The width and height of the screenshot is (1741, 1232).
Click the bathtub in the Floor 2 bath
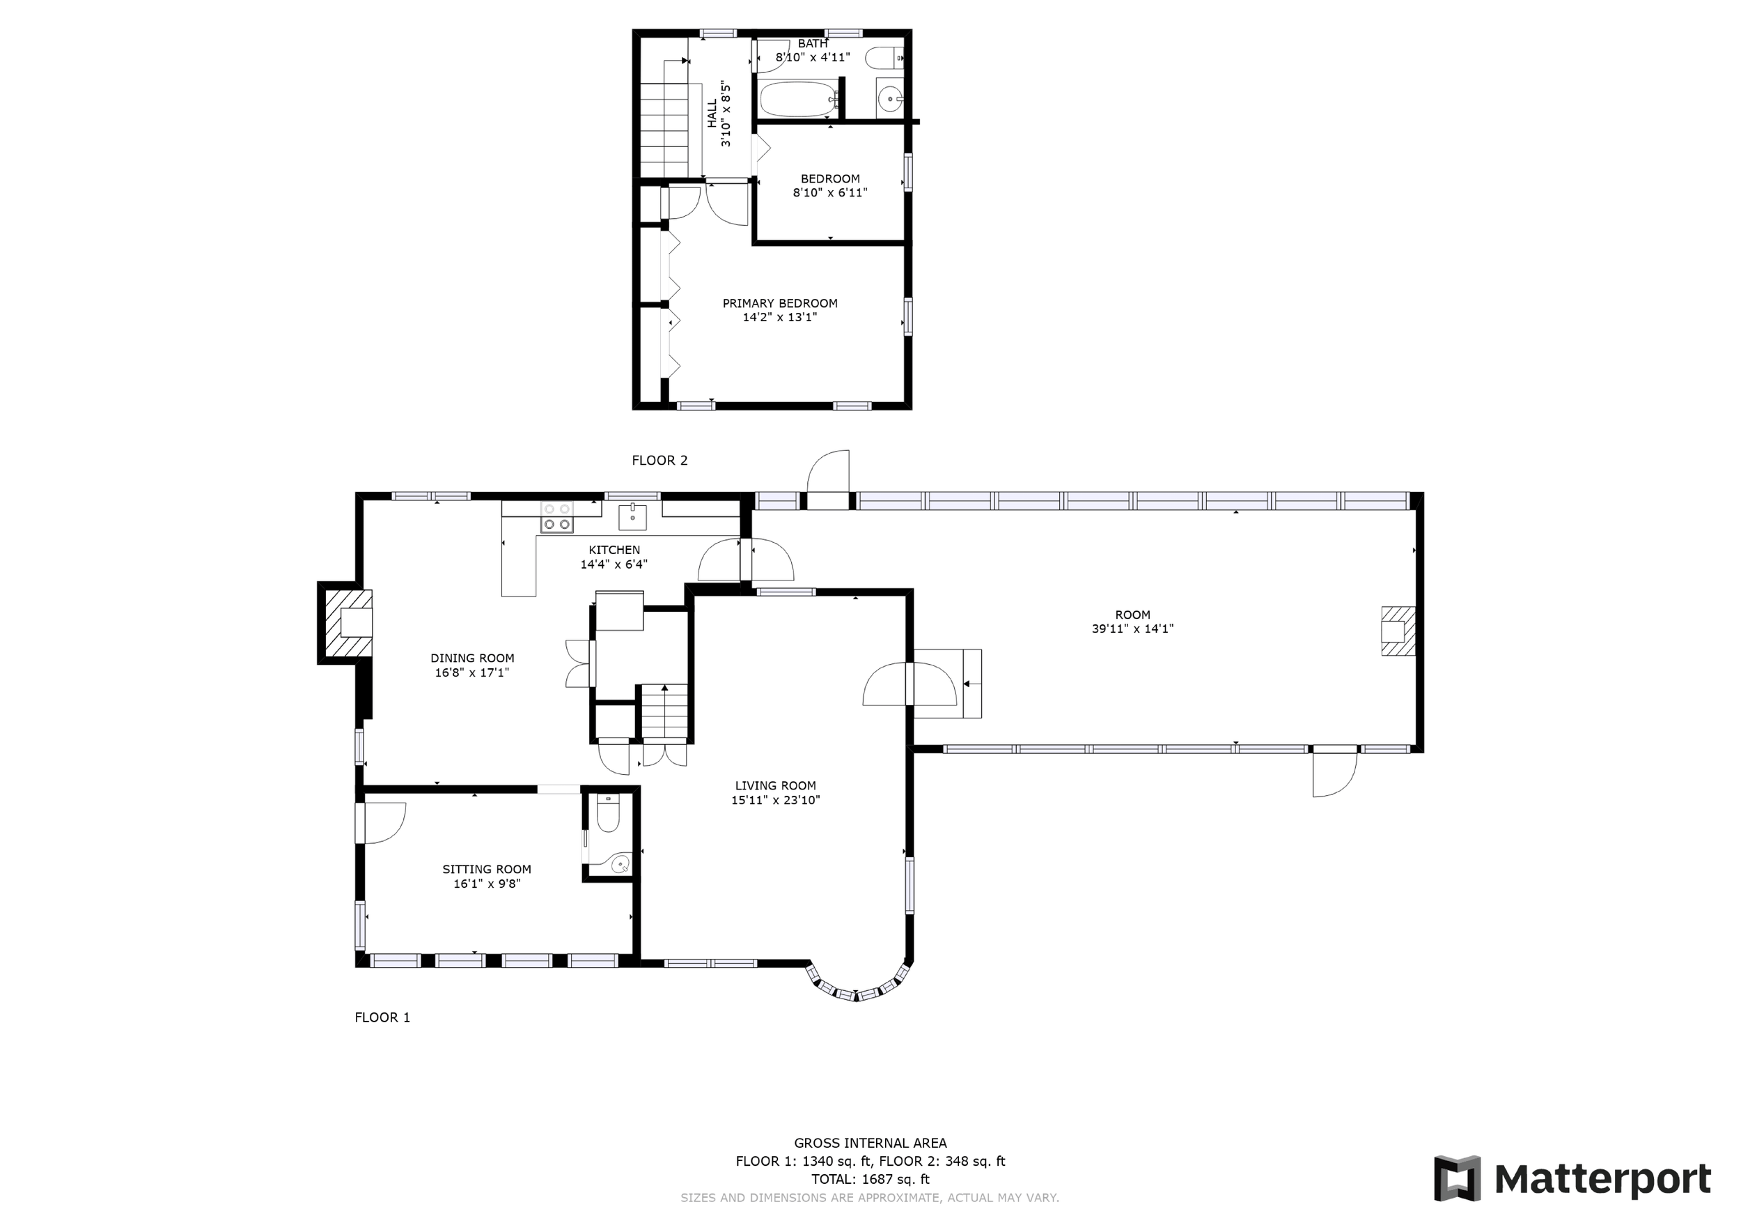pyautogui.click(x=799, y=100)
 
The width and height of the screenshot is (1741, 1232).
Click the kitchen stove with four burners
pyautogui.click(x=556, y=516)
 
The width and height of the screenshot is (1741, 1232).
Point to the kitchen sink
pyautogui.click(x=632, y=516)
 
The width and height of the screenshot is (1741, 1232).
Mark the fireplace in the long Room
pyautogui.click(x=1398, y=631)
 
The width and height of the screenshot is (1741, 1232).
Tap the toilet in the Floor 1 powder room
pyautogui.click(x=608, y=813)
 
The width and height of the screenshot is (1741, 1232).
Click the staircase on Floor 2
pyautogui.click(x=664, y=118)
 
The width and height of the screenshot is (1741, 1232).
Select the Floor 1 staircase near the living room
pyautogui.click(x=665, y=711)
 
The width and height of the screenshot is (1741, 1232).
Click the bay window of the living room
pyautogui.click(x=857, y=984)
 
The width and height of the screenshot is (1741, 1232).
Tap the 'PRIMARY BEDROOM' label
pyautogui.click(x=779, y=303)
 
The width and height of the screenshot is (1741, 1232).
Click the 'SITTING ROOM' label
pyautogui.click(x=487, y=870)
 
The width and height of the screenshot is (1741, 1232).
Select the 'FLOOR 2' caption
pyautogui.click(x=659, y=460)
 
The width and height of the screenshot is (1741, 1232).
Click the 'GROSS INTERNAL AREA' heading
pyautogui.click(x=870, y=1143)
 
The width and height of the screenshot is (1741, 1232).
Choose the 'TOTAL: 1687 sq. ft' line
pyautogui.click(x=870, y=1179)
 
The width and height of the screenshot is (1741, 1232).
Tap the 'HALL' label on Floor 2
pyautogui.click(x=712, y=114)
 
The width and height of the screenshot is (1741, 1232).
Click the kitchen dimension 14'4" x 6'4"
pyautogui.click(x=614, y=564)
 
